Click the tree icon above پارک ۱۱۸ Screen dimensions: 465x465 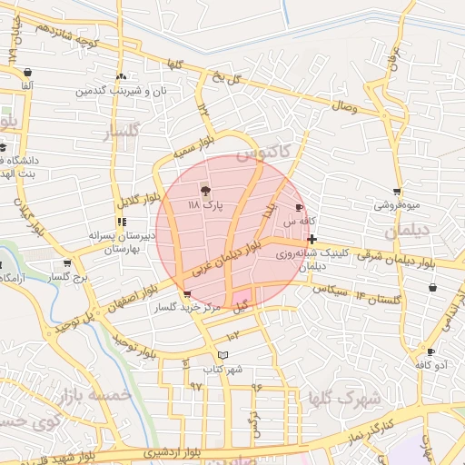tap(205, 191)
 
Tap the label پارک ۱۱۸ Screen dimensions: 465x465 tap(205, 207)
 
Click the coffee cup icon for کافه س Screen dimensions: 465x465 tap(300, 208)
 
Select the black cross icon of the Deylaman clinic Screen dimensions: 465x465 tap(312, 240)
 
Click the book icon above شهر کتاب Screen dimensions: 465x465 tap(223, 355)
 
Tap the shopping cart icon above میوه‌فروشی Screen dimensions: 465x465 tap(397, 192)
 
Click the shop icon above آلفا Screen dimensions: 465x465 tap(28, 72)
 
